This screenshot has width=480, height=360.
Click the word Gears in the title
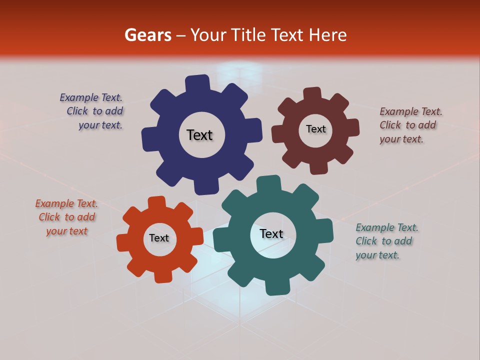147,35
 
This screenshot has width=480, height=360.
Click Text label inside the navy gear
199,135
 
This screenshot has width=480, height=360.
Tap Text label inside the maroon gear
315,129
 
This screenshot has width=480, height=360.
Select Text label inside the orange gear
159,238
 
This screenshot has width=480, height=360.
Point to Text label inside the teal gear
271,234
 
